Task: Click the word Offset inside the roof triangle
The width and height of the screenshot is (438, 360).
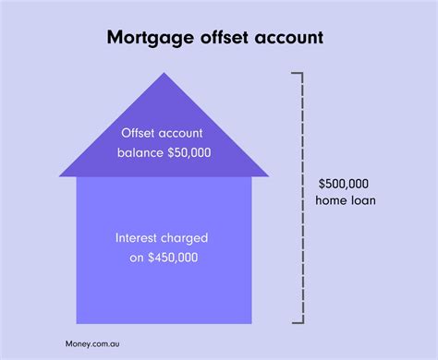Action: (x=139, y=132)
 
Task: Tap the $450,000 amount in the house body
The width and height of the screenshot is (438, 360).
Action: (x=174, y=257)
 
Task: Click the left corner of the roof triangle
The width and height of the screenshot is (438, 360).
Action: (x=60, y=174)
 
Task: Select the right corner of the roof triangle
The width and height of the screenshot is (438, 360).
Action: (x=268, y=174)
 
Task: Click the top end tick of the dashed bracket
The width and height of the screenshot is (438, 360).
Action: (x=295, y=72)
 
